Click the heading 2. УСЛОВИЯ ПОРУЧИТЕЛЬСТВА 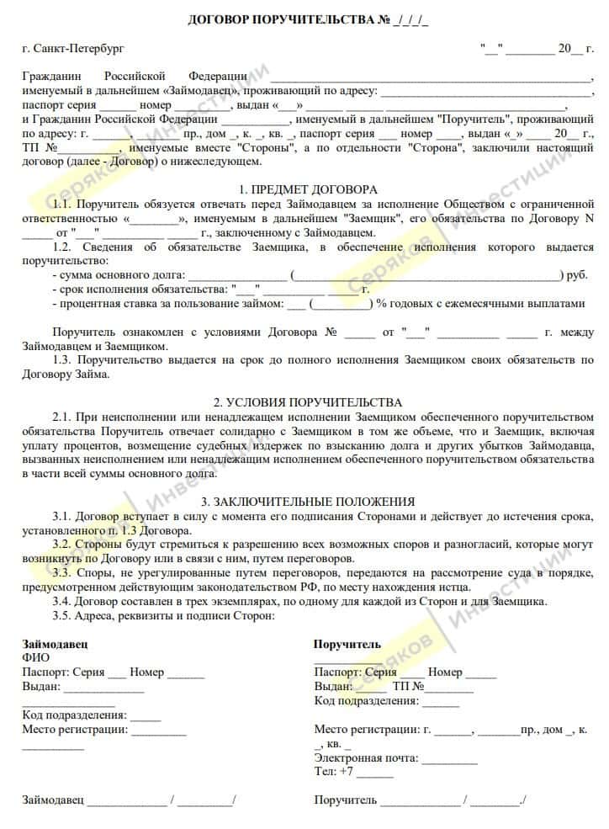pyautogui.click(x=307, y=402)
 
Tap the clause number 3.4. pyautogui.click(x=63, y=601)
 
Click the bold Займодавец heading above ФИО pyautogui.click(x=55, y=644)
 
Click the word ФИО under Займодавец pyautogui.click(x=35, y=658)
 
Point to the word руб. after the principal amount pyautogui.click(x=577, y=275)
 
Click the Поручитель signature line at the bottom pyautogui.click(x=421, y=800)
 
